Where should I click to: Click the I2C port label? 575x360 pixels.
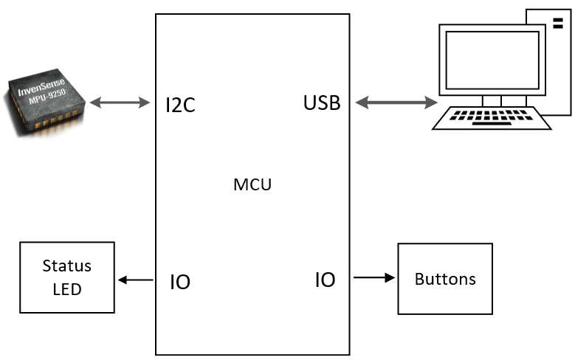181,105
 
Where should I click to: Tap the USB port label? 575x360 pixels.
322,103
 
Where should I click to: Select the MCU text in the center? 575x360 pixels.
252,185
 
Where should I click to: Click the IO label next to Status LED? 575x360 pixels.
180,282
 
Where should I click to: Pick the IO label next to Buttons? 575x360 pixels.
325,280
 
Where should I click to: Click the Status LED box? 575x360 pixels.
66,277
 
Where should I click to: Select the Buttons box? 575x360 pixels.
445,279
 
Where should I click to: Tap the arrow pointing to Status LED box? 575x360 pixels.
135,280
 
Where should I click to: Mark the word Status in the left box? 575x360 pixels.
66,266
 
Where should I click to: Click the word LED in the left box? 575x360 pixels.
66,289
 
